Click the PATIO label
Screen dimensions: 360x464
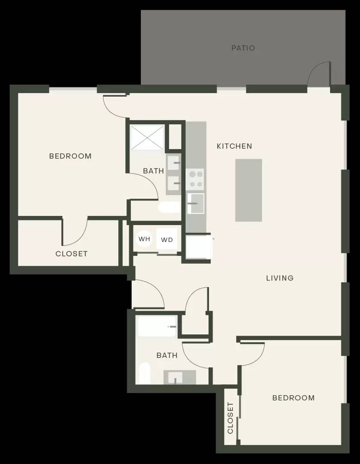click(x=243, y=48)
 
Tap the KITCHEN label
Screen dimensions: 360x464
click(x=234, y=146)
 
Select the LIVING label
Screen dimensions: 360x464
click(x=280, y=278)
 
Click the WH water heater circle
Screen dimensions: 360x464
click(x=144, y=239)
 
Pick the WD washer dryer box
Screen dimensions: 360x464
click(x=167, y=240)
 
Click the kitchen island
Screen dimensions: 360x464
click(x=249, y=190)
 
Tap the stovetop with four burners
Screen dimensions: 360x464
click(x=195, y=179)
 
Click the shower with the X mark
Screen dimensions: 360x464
click(x=147, y=137)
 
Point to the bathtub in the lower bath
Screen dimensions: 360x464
click(x=157, y=327)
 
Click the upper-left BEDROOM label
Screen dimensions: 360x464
click(x=70, y=156)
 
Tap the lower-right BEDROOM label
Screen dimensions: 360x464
click(x=293, y=398)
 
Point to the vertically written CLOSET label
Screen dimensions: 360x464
click(x=230, y=418)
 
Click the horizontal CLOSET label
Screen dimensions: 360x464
click(x=72, y=254)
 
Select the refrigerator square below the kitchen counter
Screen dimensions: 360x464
click(x=198, y=247)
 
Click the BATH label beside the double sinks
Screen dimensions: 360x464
click(x=153, y=171)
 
